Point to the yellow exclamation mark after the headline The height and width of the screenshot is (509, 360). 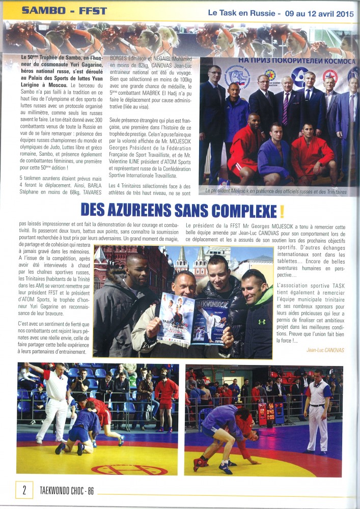pos(281,210)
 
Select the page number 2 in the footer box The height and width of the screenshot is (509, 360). pos(24,490)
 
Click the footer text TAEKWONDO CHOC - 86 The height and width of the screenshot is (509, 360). pos(66,491)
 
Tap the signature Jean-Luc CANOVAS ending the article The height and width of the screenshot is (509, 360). pos(326,350)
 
